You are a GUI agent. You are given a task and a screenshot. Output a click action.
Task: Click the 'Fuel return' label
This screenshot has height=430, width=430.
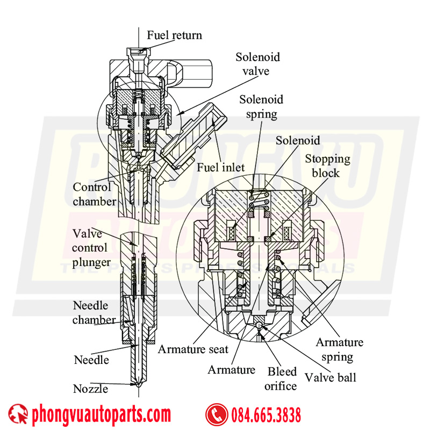(175, 35)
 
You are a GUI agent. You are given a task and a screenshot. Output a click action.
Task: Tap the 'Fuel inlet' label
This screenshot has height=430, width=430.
(220, 167)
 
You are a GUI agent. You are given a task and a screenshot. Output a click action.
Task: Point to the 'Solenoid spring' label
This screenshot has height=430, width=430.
(261, 106)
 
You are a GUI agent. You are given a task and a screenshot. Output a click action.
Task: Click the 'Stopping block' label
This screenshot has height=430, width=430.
(327, 166)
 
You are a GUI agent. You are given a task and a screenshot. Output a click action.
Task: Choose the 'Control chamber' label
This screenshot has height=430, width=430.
(94, 194)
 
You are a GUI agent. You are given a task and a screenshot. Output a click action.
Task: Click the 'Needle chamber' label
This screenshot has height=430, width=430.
(94, 312)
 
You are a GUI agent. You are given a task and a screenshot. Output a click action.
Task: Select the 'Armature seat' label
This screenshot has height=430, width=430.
(193, 349)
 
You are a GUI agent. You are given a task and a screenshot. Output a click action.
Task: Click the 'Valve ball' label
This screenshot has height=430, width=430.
(330, 377)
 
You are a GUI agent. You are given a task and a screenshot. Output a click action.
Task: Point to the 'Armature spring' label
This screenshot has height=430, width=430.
(339, 349)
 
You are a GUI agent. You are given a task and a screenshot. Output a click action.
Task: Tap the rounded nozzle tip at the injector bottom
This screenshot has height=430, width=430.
(139, 385)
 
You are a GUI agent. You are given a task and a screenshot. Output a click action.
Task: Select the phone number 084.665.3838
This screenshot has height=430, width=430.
(267, 415)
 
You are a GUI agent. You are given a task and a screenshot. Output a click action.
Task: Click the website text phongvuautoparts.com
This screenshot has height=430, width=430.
(101, 415)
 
